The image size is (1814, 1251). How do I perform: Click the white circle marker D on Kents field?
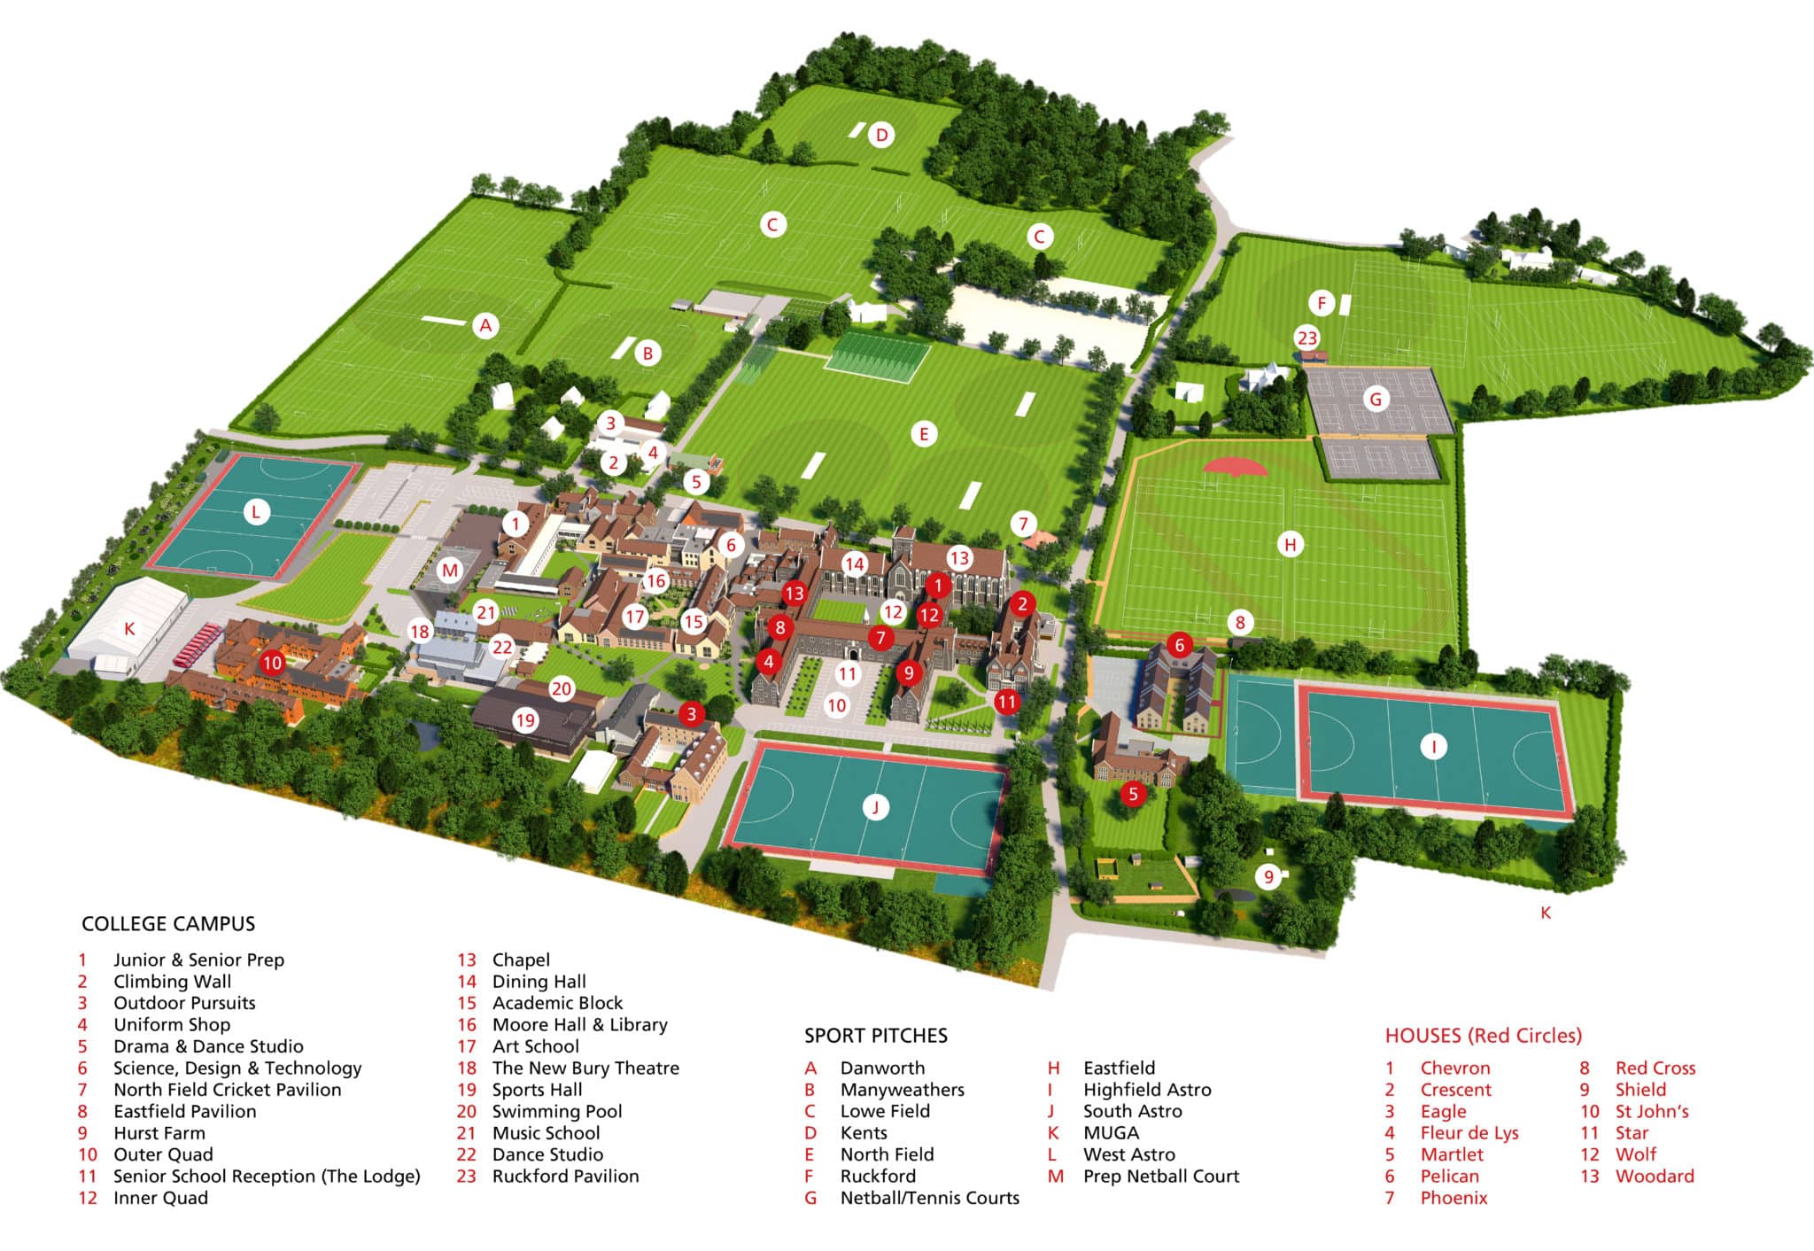pyautogui.click(x=881, y=136)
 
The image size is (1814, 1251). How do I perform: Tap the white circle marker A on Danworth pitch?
pyautogui.click(x=485, y=325)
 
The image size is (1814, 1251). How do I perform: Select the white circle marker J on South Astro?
pyautogui.click(x=875, y=806)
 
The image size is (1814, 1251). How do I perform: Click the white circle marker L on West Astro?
pyautogui.click(x=256, y=512)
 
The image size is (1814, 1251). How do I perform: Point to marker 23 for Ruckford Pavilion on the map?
pyautogui.click(x=1307, y=338)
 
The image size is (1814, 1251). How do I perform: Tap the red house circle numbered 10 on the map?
pyautogui.click(x=272, y=662)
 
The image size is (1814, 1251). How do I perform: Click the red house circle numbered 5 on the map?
pyautogui.click(x=1133, y=794)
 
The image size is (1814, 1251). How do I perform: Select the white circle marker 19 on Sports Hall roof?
pyautogui.click(x=525, y=719)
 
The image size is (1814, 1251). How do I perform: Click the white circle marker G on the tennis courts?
pyautogui.click(x=1376, y=399)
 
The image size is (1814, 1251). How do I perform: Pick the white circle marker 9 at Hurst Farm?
pyautogui.click(x=1268, y=876)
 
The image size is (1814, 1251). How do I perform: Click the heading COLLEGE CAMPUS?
pyautogui.click(x=168, y=924)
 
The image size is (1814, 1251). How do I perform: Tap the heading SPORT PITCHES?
pyautogui.click(x=875, y=1036)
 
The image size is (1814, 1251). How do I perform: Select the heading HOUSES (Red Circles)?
pyautogui.click(x=1483, y=1036)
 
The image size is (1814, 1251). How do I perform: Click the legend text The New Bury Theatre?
pyautogui.click(x=585, y=1068)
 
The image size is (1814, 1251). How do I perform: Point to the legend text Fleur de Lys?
pyautogui.click(x=1469, y=1133)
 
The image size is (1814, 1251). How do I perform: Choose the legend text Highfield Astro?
pyautogui.click(x=1146, y=1090)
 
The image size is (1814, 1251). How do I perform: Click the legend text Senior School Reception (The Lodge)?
pyautogui.click(x=267, y=1177)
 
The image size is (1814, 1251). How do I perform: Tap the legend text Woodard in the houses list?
pyautogui.click(x=1654, y=1177)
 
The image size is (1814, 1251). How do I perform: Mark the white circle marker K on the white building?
pyautogui.click(x=129, y=629)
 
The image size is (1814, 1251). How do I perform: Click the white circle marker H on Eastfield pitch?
pyautogui.click(x=1290, y=544)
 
